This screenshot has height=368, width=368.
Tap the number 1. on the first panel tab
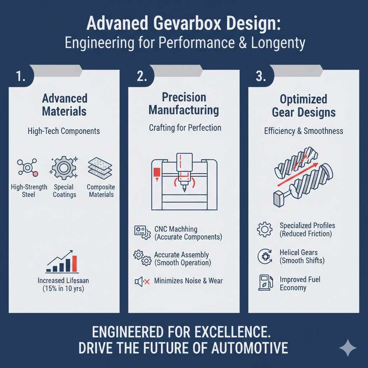(21, 77)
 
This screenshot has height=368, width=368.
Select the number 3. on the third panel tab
(261, 77)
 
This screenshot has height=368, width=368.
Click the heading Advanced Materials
(65, 105)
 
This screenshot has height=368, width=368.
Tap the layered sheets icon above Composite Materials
(100, 167)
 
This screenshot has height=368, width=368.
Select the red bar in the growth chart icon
(74, 264)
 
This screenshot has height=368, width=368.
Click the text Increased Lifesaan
(61, 280)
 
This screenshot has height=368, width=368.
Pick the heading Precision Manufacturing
(184, 103)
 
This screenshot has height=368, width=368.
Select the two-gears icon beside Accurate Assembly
(142, 258)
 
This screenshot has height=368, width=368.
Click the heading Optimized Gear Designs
(304, 106)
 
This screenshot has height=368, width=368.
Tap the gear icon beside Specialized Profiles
(265, 229)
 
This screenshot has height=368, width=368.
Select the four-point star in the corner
(348, 348)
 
